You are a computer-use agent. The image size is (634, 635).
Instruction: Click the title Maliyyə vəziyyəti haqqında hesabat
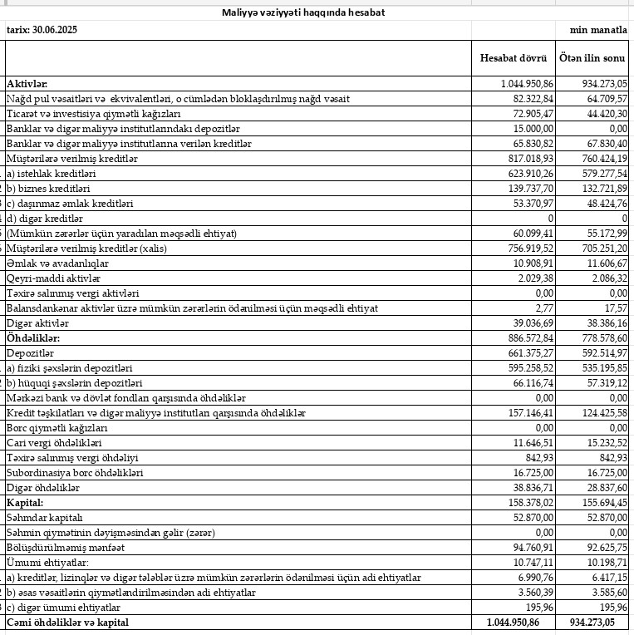(303, 12)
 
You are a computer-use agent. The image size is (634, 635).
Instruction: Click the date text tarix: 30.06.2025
(47, 29)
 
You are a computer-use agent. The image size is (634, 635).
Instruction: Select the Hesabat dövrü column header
(513, 58)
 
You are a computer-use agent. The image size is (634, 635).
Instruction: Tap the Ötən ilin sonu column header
(592, 58)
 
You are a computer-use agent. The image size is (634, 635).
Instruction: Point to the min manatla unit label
(597, 29)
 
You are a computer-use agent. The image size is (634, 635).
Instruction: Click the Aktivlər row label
(27, 84)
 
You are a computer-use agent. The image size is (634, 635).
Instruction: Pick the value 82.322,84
(529, 99)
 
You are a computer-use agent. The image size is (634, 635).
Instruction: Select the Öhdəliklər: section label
(34, 338)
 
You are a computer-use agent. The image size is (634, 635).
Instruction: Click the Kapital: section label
(25, 503)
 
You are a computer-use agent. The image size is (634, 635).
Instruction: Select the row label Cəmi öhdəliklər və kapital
(68, 623)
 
